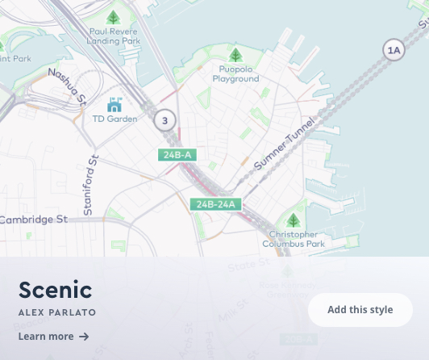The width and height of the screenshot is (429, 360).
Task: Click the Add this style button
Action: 360,310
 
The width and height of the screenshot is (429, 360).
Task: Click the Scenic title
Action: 55,290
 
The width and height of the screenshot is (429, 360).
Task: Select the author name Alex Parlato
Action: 57,312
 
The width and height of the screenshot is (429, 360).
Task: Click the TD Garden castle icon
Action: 115,104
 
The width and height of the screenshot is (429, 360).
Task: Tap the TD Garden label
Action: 115,119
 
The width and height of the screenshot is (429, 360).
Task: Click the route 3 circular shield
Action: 165,121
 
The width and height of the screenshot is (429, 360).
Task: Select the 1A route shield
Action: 394,50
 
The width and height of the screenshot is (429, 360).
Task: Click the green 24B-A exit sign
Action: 177,155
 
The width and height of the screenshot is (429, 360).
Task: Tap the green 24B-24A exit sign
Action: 216,204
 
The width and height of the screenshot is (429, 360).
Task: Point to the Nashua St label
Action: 67,86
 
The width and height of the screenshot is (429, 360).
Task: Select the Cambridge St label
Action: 33,220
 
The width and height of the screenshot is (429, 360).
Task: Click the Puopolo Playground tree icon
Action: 235,56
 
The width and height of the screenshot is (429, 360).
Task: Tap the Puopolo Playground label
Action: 235,74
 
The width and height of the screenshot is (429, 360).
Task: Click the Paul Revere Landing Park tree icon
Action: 114,17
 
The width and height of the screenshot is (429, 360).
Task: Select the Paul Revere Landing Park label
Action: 114,36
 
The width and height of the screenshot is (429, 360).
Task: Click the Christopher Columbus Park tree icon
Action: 294,220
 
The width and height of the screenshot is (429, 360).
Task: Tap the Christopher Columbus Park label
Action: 294,239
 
